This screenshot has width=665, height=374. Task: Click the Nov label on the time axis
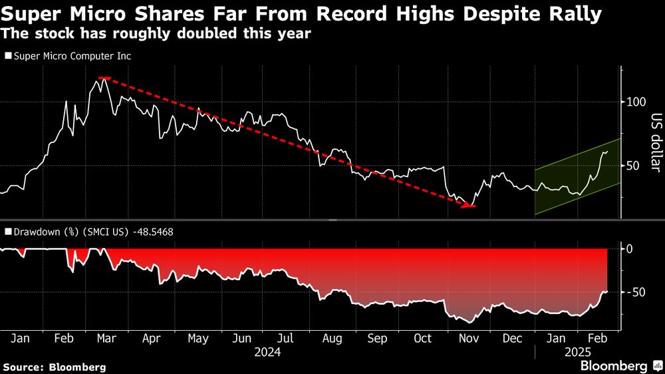click(469, 338)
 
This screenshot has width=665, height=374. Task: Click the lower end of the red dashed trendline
click(469, 206)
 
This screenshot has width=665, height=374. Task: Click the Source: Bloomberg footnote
click(55, 367)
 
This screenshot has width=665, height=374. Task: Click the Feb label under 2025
click(597, 338)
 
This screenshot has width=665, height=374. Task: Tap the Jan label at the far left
click(21, 338)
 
